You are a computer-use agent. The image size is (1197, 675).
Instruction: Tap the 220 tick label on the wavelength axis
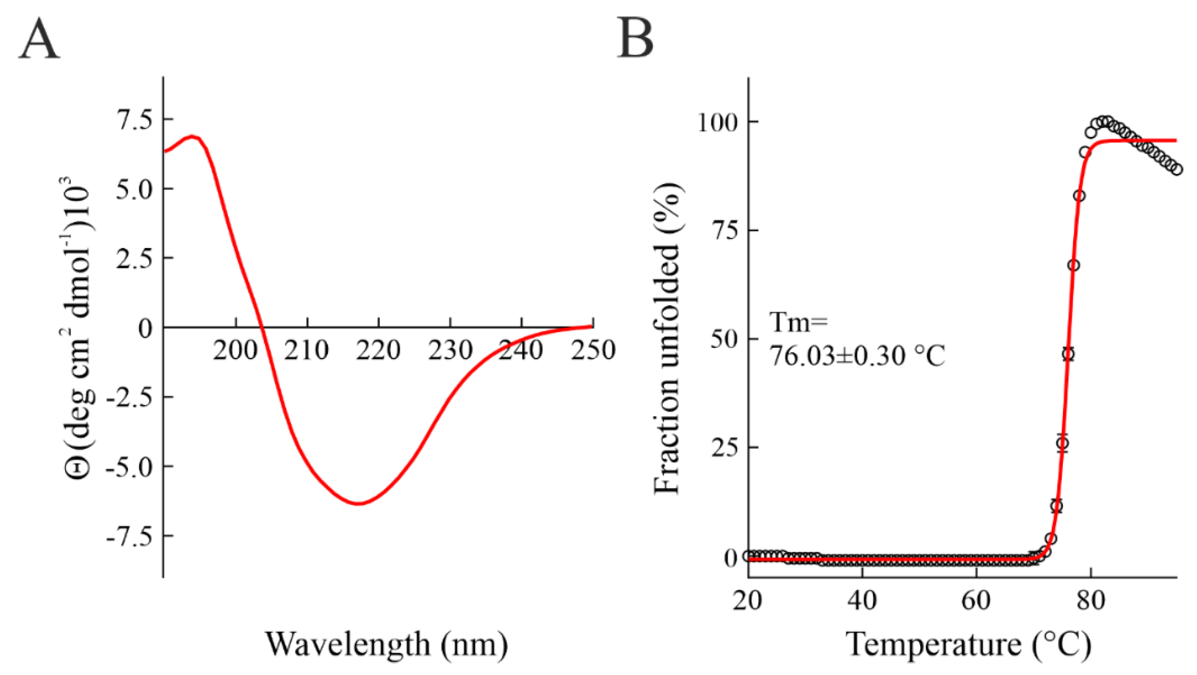click(x=379, y=350)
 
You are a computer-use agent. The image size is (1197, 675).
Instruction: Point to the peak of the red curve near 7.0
click(x=192, y=136)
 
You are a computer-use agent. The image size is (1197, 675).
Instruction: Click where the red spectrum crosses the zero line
click(x=262, y=328)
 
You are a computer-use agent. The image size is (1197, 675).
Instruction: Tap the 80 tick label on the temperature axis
click(x=1091, y=600)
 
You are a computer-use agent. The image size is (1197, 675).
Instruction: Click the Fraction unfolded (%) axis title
click(x=667, y=338)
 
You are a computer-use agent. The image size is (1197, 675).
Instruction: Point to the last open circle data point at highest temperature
click(x=1177, y=170)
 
